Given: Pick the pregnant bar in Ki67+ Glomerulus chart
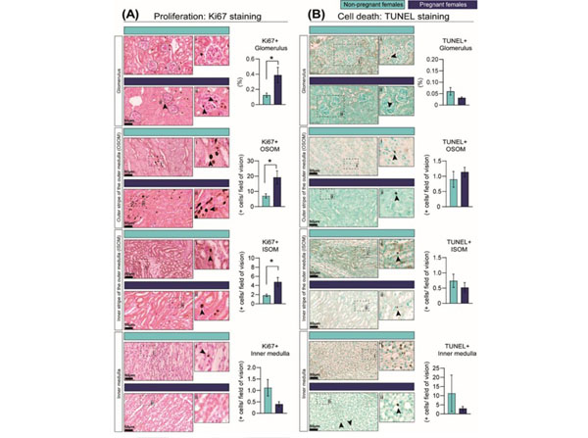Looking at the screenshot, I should pos(277,88).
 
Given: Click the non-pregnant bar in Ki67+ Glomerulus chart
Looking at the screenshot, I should pos(266,98).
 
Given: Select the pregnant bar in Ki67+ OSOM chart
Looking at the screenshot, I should pos(277,193).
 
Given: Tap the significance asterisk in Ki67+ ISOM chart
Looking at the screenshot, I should pos(271,262).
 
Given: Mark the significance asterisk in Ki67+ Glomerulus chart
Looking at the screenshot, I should pos(271,59).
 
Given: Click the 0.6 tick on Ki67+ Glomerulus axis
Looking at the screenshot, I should pos(251,60).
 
